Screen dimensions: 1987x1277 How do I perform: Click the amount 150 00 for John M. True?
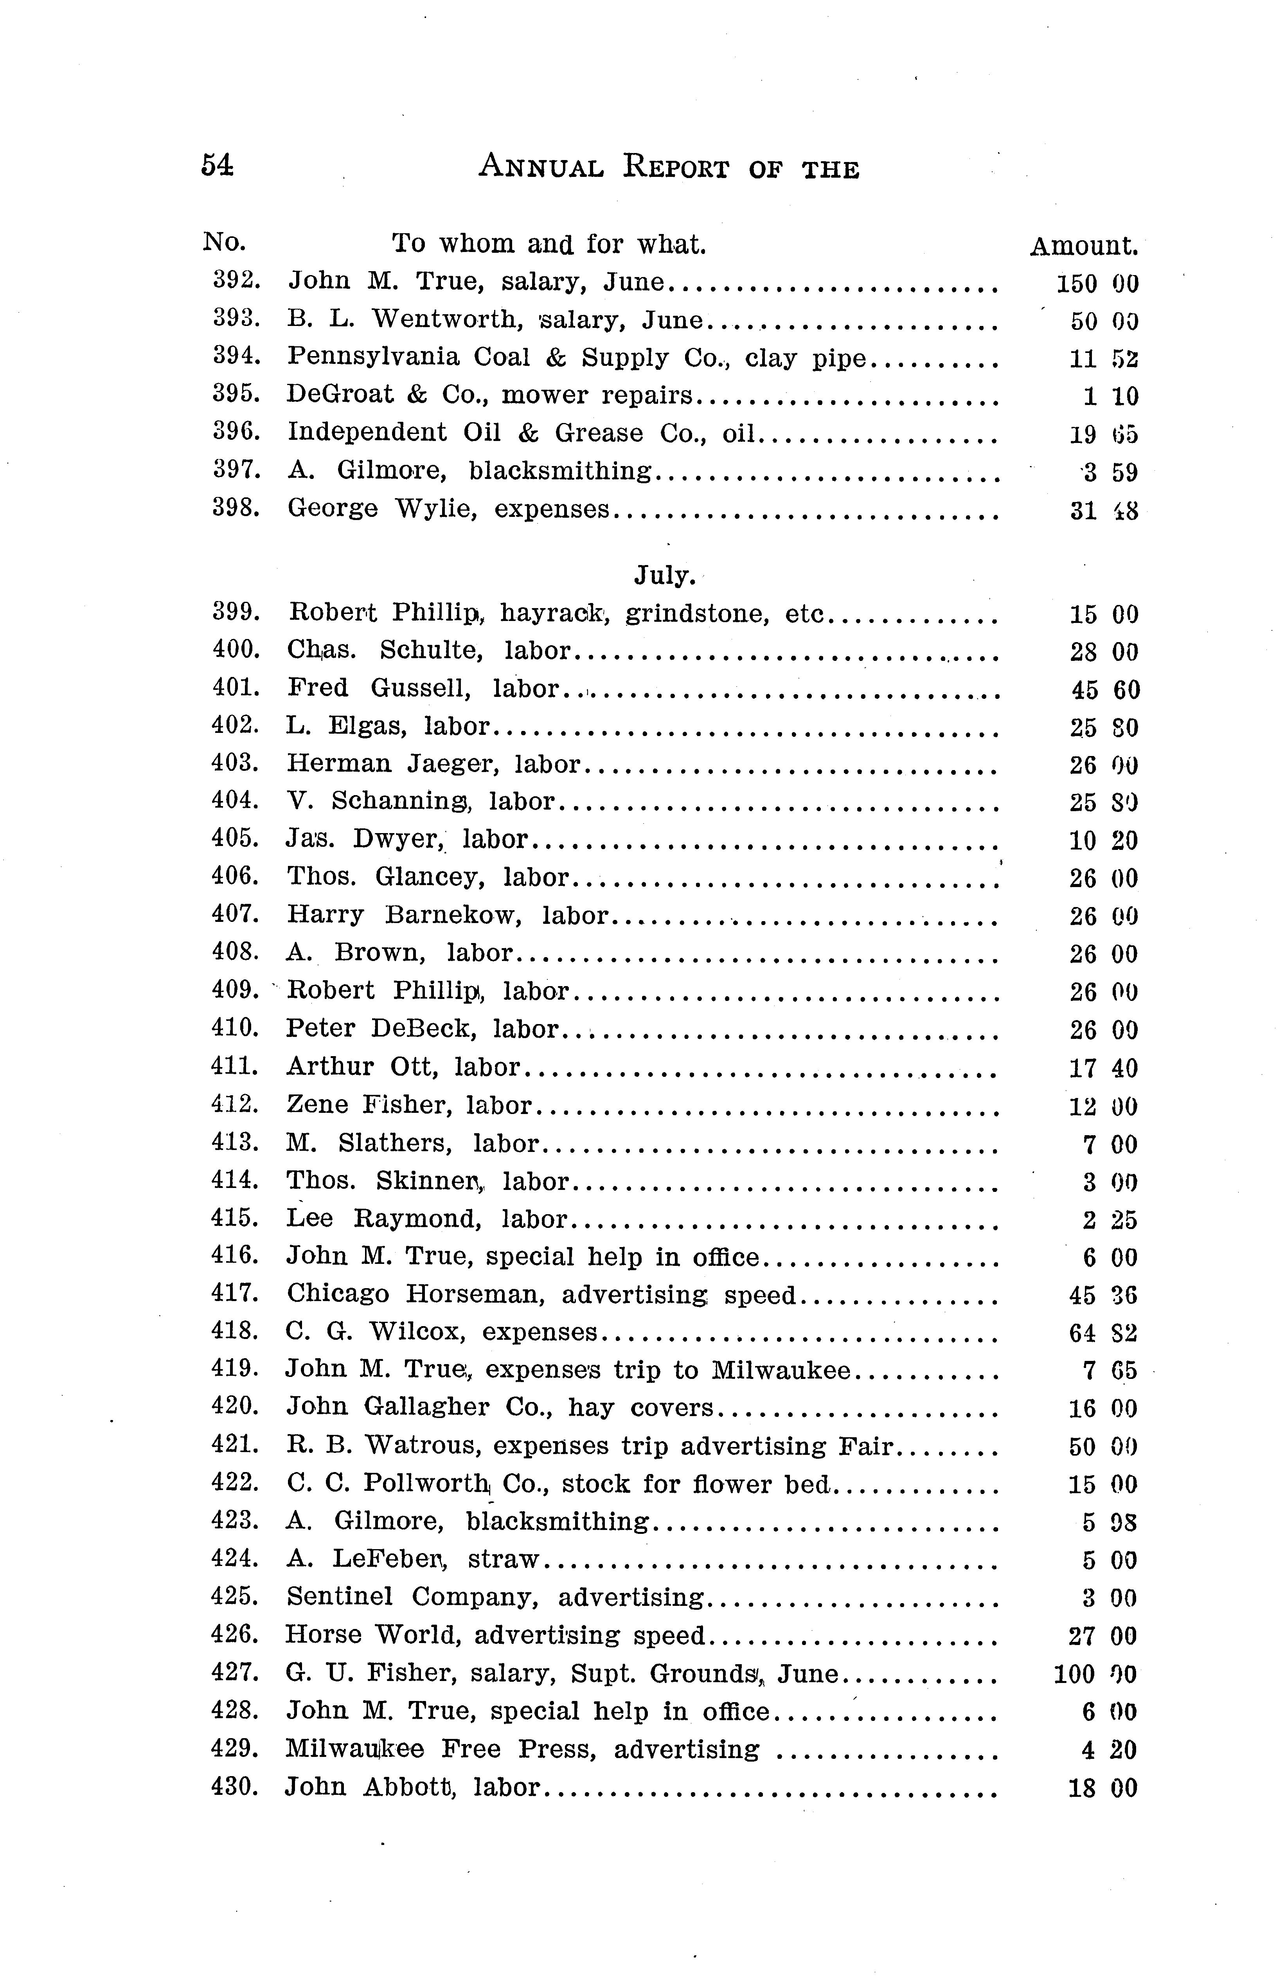click(x=1096, y=284)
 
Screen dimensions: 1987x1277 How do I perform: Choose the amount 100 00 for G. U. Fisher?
click(x=1095, y=1674)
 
